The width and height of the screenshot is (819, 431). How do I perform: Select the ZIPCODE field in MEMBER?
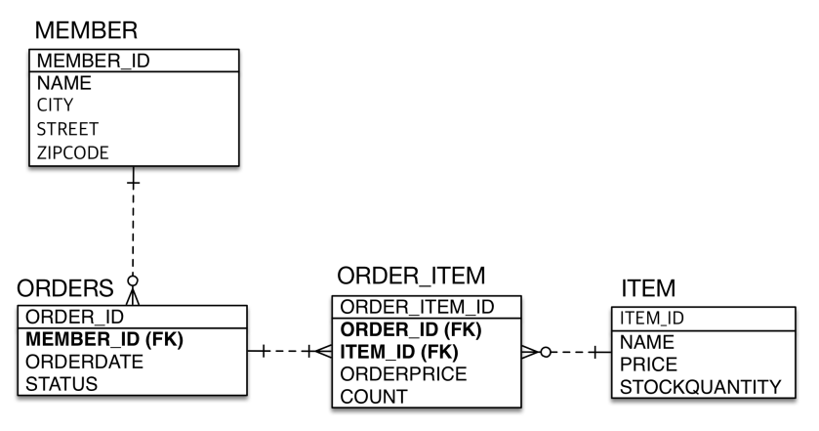coord(73,152)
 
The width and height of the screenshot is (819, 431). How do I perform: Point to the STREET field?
coord(67,129)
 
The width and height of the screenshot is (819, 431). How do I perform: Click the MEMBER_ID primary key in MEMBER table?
coord(93,62)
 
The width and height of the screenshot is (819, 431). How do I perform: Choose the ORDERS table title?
coord(66,291)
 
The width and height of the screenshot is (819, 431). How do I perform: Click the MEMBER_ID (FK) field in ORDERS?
coord(104,340)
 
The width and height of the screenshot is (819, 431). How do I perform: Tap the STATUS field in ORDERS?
coord(61,384)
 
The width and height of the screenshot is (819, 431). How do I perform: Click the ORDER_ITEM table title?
coord(411,276)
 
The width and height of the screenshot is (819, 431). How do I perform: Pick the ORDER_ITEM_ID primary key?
coord(417,307)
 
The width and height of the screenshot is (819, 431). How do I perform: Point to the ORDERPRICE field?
coord(403,374)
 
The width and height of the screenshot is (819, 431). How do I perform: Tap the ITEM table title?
coord(647,288)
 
